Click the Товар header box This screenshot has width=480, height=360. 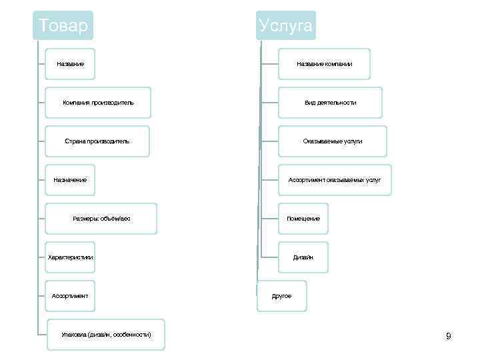(63, 26)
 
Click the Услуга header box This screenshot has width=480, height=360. (285, 26)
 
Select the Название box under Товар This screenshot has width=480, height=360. (70, 64)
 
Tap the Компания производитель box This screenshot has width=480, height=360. (98, 103)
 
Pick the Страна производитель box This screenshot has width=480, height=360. (97, 141)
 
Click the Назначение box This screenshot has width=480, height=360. (70, 180)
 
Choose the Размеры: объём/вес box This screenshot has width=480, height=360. (101, 219)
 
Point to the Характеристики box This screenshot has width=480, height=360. (70, 257)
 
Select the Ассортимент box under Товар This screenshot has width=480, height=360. (70, 296)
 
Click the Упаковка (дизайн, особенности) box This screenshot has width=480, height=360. (106, 334)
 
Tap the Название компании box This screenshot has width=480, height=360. (324, 64)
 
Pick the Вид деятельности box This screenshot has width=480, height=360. (331, 103)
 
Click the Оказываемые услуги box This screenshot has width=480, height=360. (332, 141)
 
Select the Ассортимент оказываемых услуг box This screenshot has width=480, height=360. (335, 180)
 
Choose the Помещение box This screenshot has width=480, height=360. (303, 219)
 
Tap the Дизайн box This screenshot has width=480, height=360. (303, 257)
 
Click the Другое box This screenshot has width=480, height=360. (281, 296)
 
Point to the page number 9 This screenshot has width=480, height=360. (449, 336)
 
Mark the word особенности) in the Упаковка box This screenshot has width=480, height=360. (132, 334)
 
